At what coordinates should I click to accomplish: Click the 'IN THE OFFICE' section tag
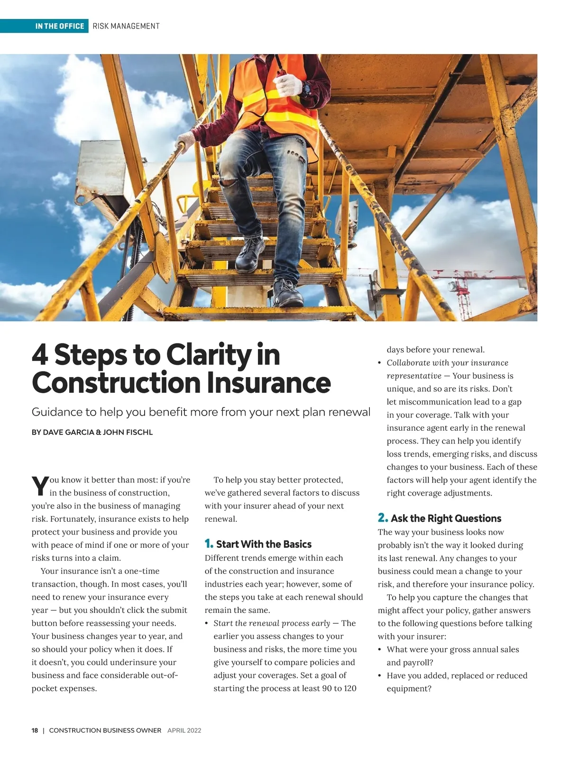coord(59,26)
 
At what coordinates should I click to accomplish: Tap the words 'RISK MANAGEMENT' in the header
coord(126,26)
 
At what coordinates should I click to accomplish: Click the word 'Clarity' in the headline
coord(208,355)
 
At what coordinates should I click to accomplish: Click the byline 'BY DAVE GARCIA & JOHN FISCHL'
coord(92,432)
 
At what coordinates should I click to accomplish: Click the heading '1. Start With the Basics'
coord(258,544)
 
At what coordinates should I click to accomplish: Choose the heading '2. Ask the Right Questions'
coord(440,518)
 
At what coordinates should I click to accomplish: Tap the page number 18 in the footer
coord(35,730)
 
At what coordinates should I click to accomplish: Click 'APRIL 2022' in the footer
coord(184,730)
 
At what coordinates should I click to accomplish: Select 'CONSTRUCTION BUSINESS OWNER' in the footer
coord(105,730)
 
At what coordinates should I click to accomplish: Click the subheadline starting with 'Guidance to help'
coord(201,412)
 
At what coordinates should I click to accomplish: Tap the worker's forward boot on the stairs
coord(250,254)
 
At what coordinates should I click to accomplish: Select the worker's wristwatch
coord(306,88)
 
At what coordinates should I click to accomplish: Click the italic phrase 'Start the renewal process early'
coord(272,623)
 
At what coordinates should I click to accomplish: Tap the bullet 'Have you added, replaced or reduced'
coord(457,675)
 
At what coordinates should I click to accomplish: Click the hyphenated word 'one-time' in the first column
coord(142,571)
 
